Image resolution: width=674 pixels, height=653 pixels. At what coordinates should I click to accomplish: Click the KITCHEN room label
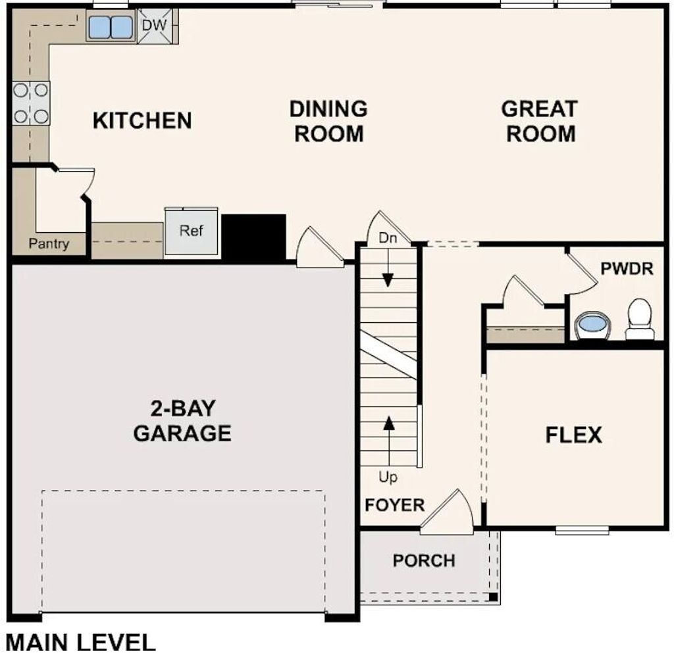pos(142,121)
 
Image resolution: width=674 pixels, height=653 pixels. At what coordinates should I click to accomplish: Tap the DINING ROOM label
pos(328,121)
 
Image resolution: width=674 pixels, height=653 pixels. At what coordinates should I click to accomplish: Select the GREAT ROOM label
pos(540,121)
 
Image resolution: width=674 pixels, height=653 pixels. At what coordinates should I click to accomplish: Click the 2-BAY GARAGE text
pos(182,421)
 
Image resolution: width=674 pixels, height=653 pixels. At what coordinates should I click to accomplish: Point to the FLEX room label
pos(573,435)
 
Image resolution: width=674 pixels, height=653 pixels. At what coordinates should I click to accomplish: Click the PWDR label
pos(627,269)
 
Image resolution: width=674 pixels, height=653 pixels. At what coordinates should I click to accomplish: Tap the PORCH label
pos(424,561)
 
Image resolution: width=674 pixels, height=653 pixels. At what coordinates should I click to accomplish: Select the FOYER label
pos(395,505)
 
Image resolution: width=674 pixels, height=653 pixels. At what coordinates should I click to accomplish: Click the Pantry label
pos(49,244)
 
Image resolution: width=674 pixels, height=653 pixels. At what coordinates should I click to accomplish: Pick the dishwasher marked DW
pos(155,26)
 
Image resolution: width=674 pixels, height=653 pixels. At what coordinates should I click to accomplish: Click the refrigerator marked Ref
pos(192,231)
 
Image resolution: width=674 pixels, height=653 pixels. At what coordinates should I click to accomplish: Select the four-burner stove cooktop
pos(31,103)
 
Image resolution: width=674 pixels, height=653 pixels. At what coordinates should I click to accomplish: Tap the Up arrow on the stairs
pos(389,434)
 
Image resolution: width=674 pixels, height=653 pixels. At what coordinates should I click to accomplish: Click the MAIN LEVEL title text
pos(81,642)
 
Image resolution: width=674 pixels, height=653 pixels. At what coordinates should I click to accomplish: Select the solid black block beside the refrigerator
pos(253,236)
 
